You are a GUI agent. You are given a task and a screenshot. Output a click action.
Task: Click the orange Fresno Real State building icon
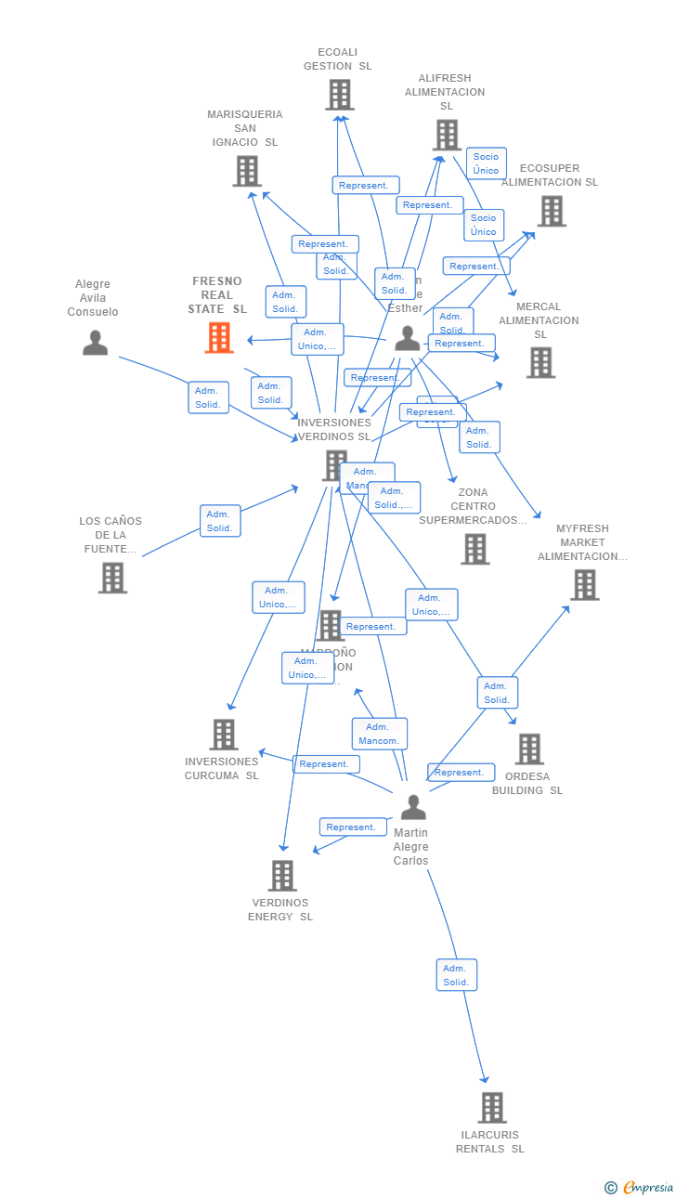pos(219,338)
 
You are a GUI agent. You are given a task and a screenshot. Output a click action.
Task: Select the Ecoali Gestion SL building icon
pos(340,95)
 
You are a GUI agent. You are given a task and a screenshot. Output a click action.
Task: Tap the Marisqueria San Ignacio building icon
pos(247,171)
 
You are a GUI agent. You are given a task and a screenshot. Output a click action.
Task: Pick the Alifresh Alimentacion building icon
pos(447,136)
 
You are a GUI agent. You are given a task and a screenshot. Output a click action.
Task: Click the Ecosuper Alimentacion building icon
pos(552,211)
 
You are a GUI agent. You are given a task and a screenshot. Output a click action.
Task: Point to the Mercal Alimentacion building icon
pos(540,362)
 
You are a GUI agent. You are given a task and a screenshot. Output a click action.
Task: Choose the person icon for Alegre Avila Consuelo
pos(95,343)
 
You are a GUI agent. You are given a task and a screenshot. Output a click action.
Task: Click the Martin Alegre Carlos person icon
pos(413,807)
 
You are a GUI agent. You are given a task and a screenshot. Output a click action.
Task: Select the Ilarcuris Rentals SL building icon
pos(492,1107)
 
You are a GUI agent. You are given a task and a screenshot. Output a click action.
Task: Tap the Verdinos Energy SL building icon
pos(282,875)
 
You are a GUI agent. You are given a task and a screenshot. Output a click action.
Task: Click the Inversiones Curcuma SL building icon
pos(224,734)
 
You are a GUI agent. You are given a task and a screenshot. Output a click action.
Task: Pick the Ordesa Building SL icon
pos(529,749)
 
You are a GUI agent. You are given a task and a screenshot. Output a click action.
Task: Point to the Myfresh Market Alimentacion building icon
pos(584,585)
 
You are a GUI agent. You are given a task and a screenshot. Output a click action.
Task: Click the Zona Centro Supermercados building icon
pos(475,549)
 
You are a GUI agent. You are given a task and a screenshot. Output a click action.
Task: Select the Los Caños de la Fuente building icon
pos(112,578)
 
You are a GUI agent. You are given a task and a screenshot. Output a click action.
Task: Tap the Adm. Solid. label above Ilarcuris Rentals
pos(456,975)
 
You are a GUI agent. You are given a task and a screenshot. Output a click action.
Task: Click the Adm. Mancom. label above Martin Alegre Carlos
pos(379,734)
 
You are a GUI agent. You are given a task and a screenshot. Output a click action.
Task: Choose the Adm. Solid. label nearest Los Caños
pos(220,521)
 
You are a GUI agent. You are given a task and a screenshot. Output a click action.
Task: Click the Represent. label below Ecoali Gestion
pos(366,186)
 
